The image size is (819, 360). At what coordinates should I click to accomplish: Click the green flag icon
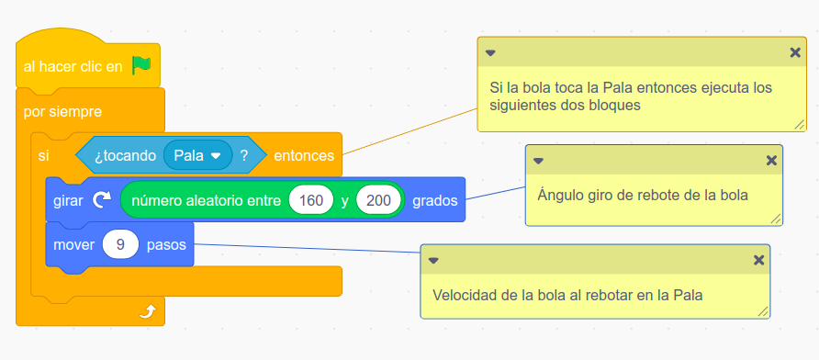tap(140, 65)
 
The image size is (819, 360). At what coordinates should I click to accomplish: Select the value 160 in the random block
tap(310, 201)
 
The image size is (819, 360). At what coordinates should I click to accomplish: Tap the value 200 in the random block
tap(377, 201)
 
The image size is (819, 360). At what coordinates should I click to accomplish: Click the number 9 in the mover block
tap(120, 245)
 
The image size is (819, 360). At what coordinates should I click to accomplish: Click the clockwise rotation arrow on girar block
tap(102, 201)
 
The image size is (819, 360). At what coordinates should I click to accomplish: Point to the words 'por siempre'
tap(62, 112)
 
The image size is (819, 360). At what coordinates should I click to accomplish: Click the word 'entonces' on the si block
tap(304, 156)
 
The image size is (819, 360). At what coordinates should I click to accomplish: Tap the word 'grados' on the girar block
tap(435, 201)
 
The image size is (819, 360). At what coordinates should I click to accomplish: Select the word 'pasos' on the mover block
tap(166, 245)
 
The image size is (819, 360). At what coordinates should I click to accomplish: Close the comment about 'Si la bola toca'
tap(795, 52)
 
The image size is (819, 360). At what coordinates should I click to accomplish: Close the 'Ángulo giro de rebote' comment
tap(771, 161)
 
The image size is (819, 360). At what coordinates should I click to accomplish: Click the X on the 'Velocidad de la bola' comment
tap(758, 260)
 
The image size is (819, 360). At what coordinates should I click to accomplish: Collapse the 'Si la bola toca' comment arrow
tap(490, 53)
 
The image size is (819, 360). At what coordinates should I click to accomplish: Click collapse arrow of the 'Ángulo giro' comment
tap(538, 161)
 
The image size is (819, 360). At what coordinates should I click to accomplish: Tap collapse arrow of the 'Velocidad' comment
tap(433, 260)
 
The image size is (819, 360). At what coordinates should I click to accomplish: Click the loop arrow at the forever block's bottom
tap(147, 312)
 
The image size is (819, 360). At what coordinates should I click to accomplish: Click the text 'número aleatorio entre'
tap(205, 201)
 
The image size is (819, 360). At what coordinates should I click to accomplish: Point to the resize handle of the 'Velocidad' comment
tap(763, 311)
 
